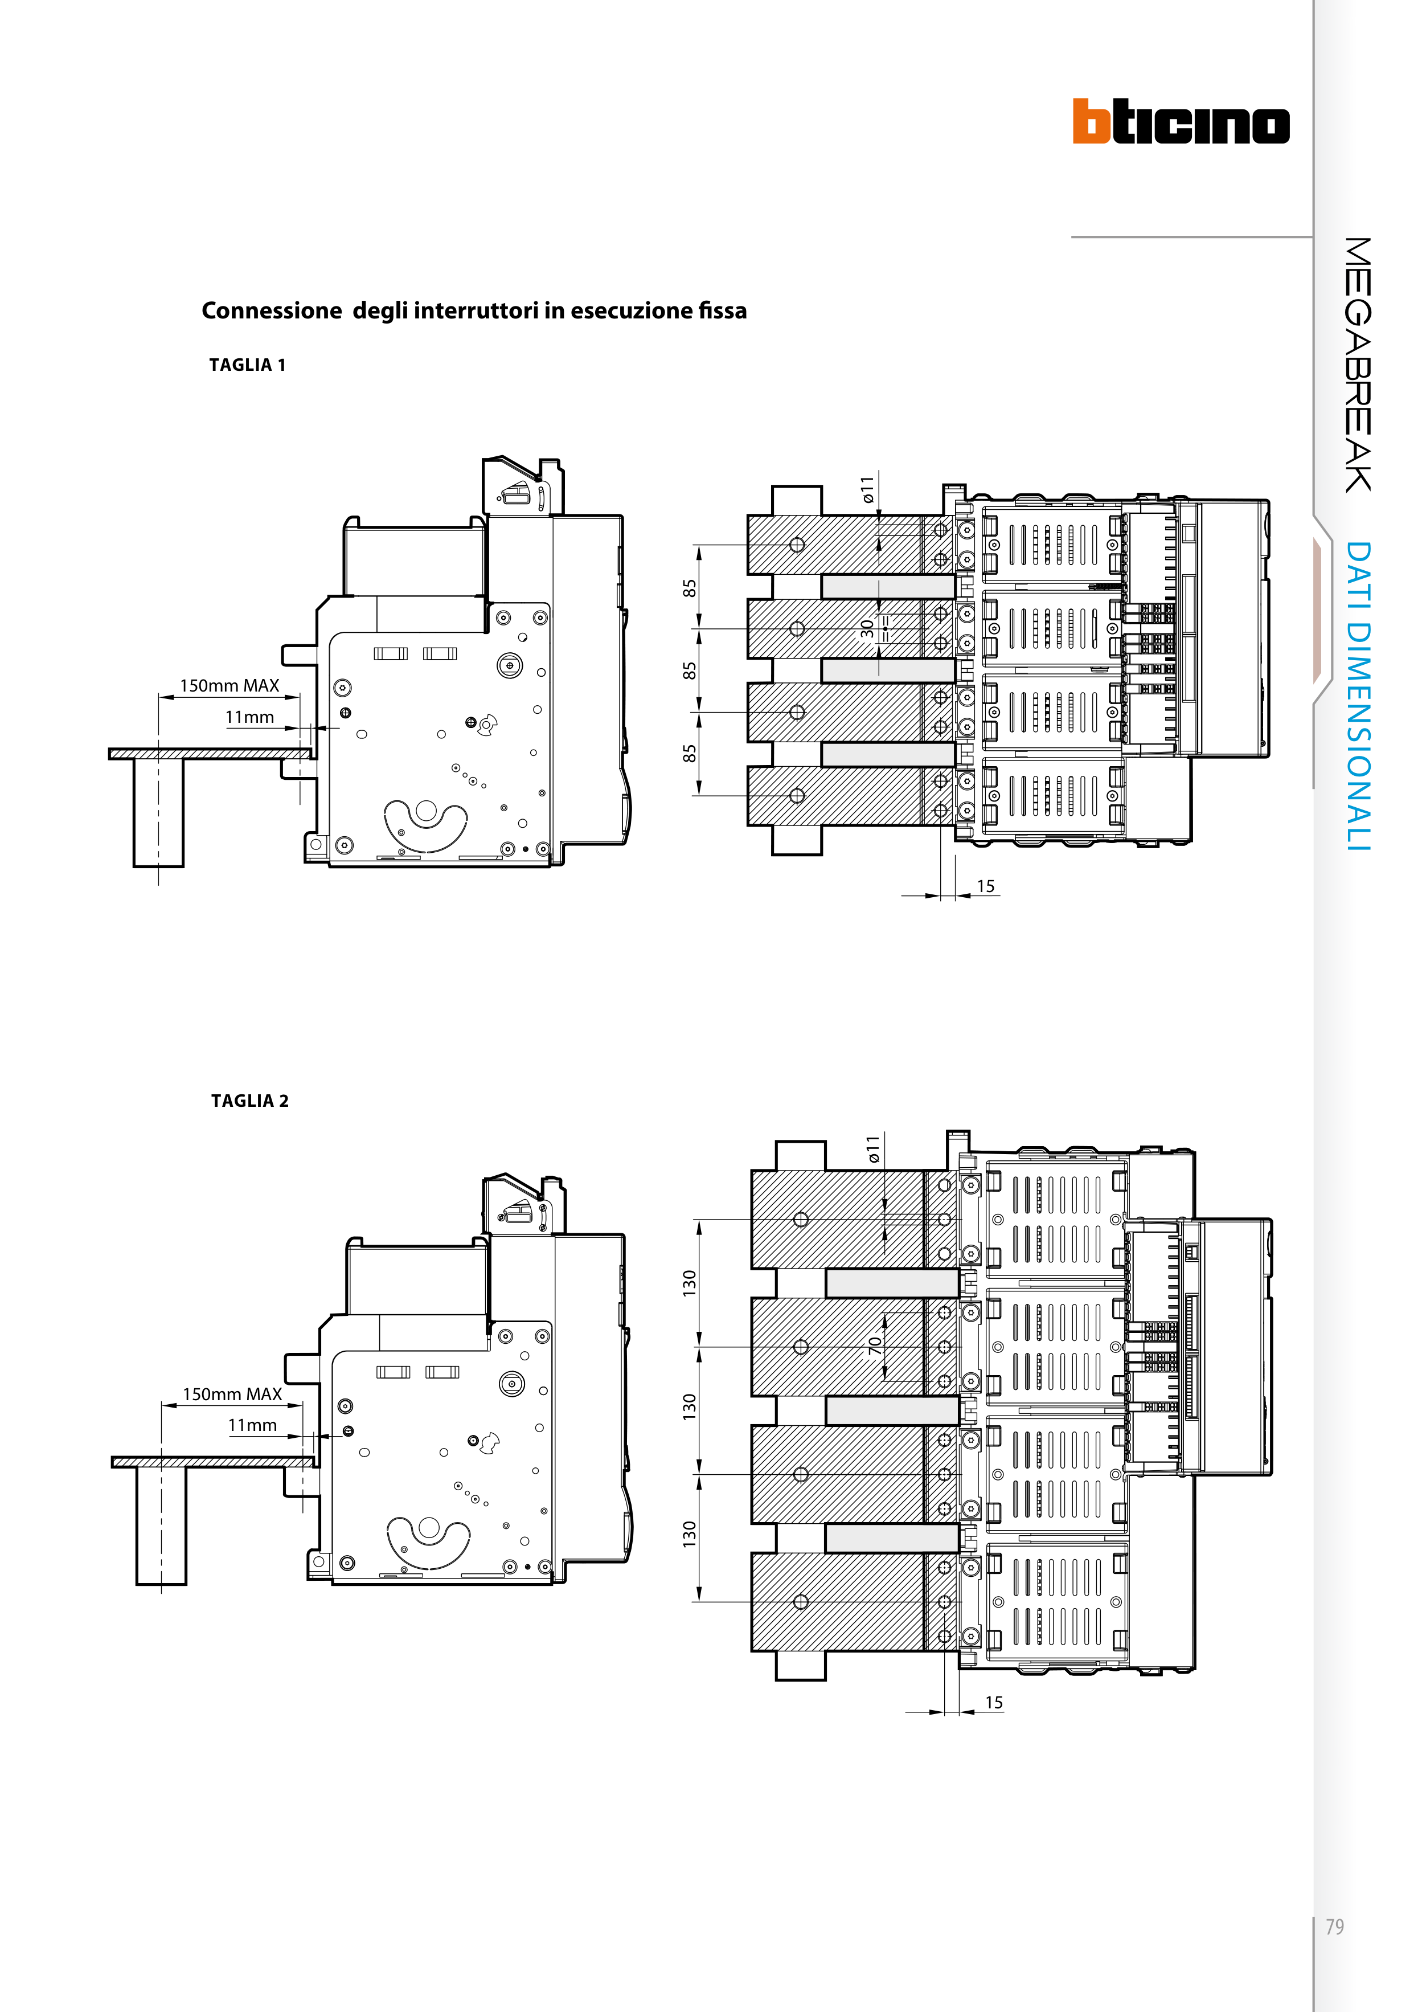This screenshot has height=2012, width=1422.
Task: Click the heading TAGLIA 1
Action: coord(248,365)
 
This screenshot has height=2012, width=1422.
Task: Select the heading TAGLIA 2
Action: coord(249,1102)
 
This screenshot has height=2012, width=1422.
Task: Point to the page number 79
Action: coord(1334,1927)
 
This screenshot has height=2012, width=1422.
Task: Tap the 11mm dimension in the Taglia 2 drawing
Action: coord(252,1426)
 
